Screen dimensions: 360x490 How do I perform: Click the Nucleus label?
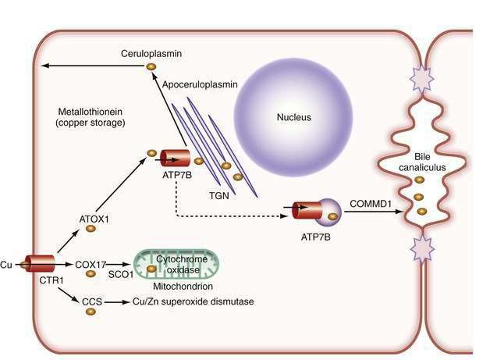click(293, 118)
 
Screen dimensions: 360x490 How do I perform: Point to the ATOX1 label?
click(93, 219)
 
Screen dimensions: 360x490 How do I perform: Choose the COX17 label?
click(92, 264)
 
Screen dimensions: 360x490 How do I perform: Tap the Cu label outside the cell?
click(8, 265)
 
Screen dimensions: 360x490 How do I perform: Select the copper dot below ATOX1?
click(91, 230)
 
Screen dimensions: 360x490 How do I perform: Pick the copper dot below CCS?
click(91, 312)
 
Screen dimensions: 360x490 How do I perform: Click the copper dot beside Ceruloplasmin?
click(151, 67)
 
